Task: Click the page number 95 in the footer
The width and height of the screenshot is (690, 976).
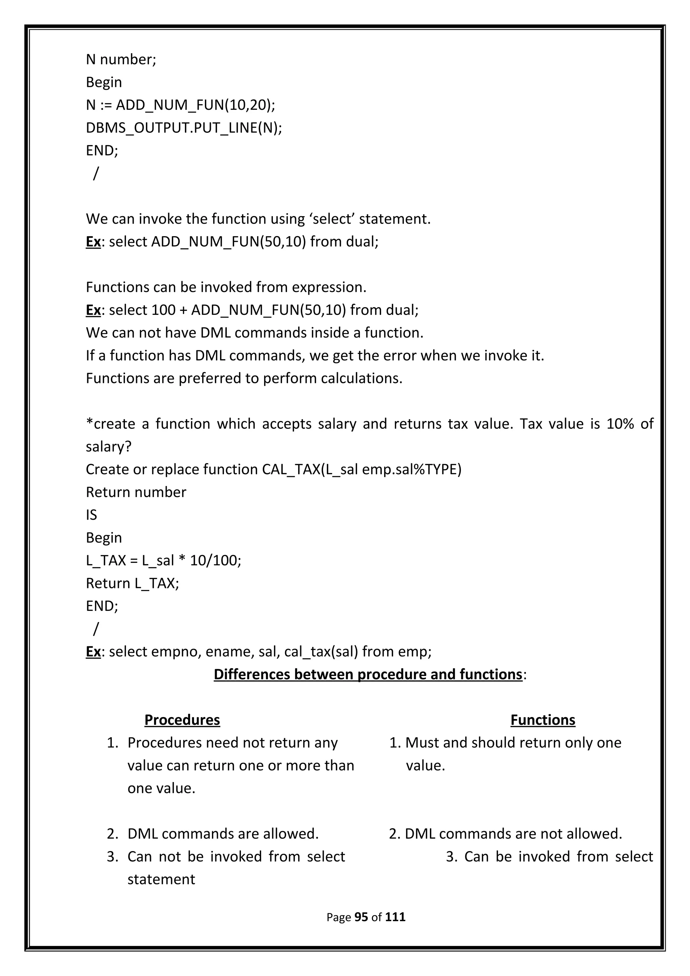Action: tap(361, 917)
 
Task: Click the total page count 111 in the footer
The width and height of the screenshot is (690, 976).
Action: tap(396, 917)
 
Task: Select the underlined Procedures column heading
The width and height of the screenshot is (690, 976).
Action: tap(182, 720)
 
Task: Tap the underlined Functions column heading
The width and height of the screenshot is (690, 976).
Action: tap(542, 720)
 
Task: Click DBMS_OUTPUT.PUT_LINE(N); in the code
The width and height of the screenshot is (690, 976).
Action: tap(184, 128)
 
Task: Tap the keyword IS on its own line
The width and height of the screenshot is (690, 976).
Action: tap(91, 515)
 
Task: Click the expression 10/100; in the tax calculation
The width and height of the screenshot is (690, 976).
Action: tap(216, 560)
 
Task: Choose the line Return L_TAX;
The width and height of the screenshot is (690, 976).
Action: tap(132, 583)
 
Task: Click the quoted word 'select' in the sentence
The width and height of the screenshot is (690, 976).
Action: tap(332, 219)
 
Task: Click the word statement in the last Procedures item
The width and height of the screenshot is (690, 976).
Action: tap(161, 879)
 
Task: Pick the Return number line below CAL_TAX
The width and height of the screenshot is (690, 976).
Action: tap(136, 492)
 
